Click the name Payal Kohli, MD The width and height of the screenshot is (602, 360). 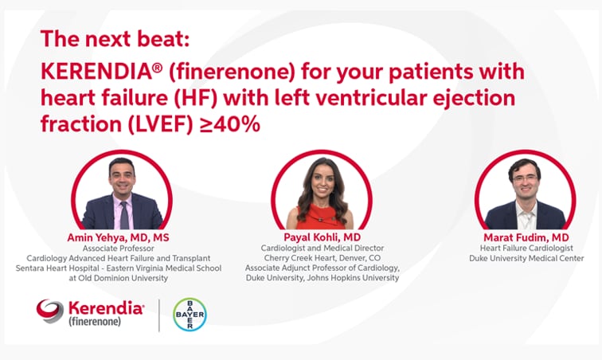(x=322, y=237)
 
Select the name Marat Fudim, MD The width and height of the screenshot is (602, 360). (x=526, y=237)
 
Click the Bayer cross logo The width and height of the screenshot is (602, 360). (x=190, y=315)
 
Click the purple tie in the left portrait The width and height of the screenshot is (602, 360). (x=123, y=215)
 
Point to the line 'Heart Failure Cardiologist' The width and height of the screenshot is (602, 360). (x=526, y=248)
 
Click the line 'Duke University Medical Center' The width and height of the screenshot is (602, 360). (x=526, y=258)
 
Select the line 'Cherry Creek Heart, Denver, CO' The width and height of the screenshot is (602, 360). (x=322, y=258)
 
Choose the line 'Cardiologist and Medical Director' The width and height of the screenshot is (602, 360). (x=322, y=248)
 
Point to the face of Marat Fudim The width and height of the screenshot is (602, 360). (x=525, y=182)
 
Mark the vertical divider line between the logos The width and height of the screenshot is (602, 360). (x=159, y=315)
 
